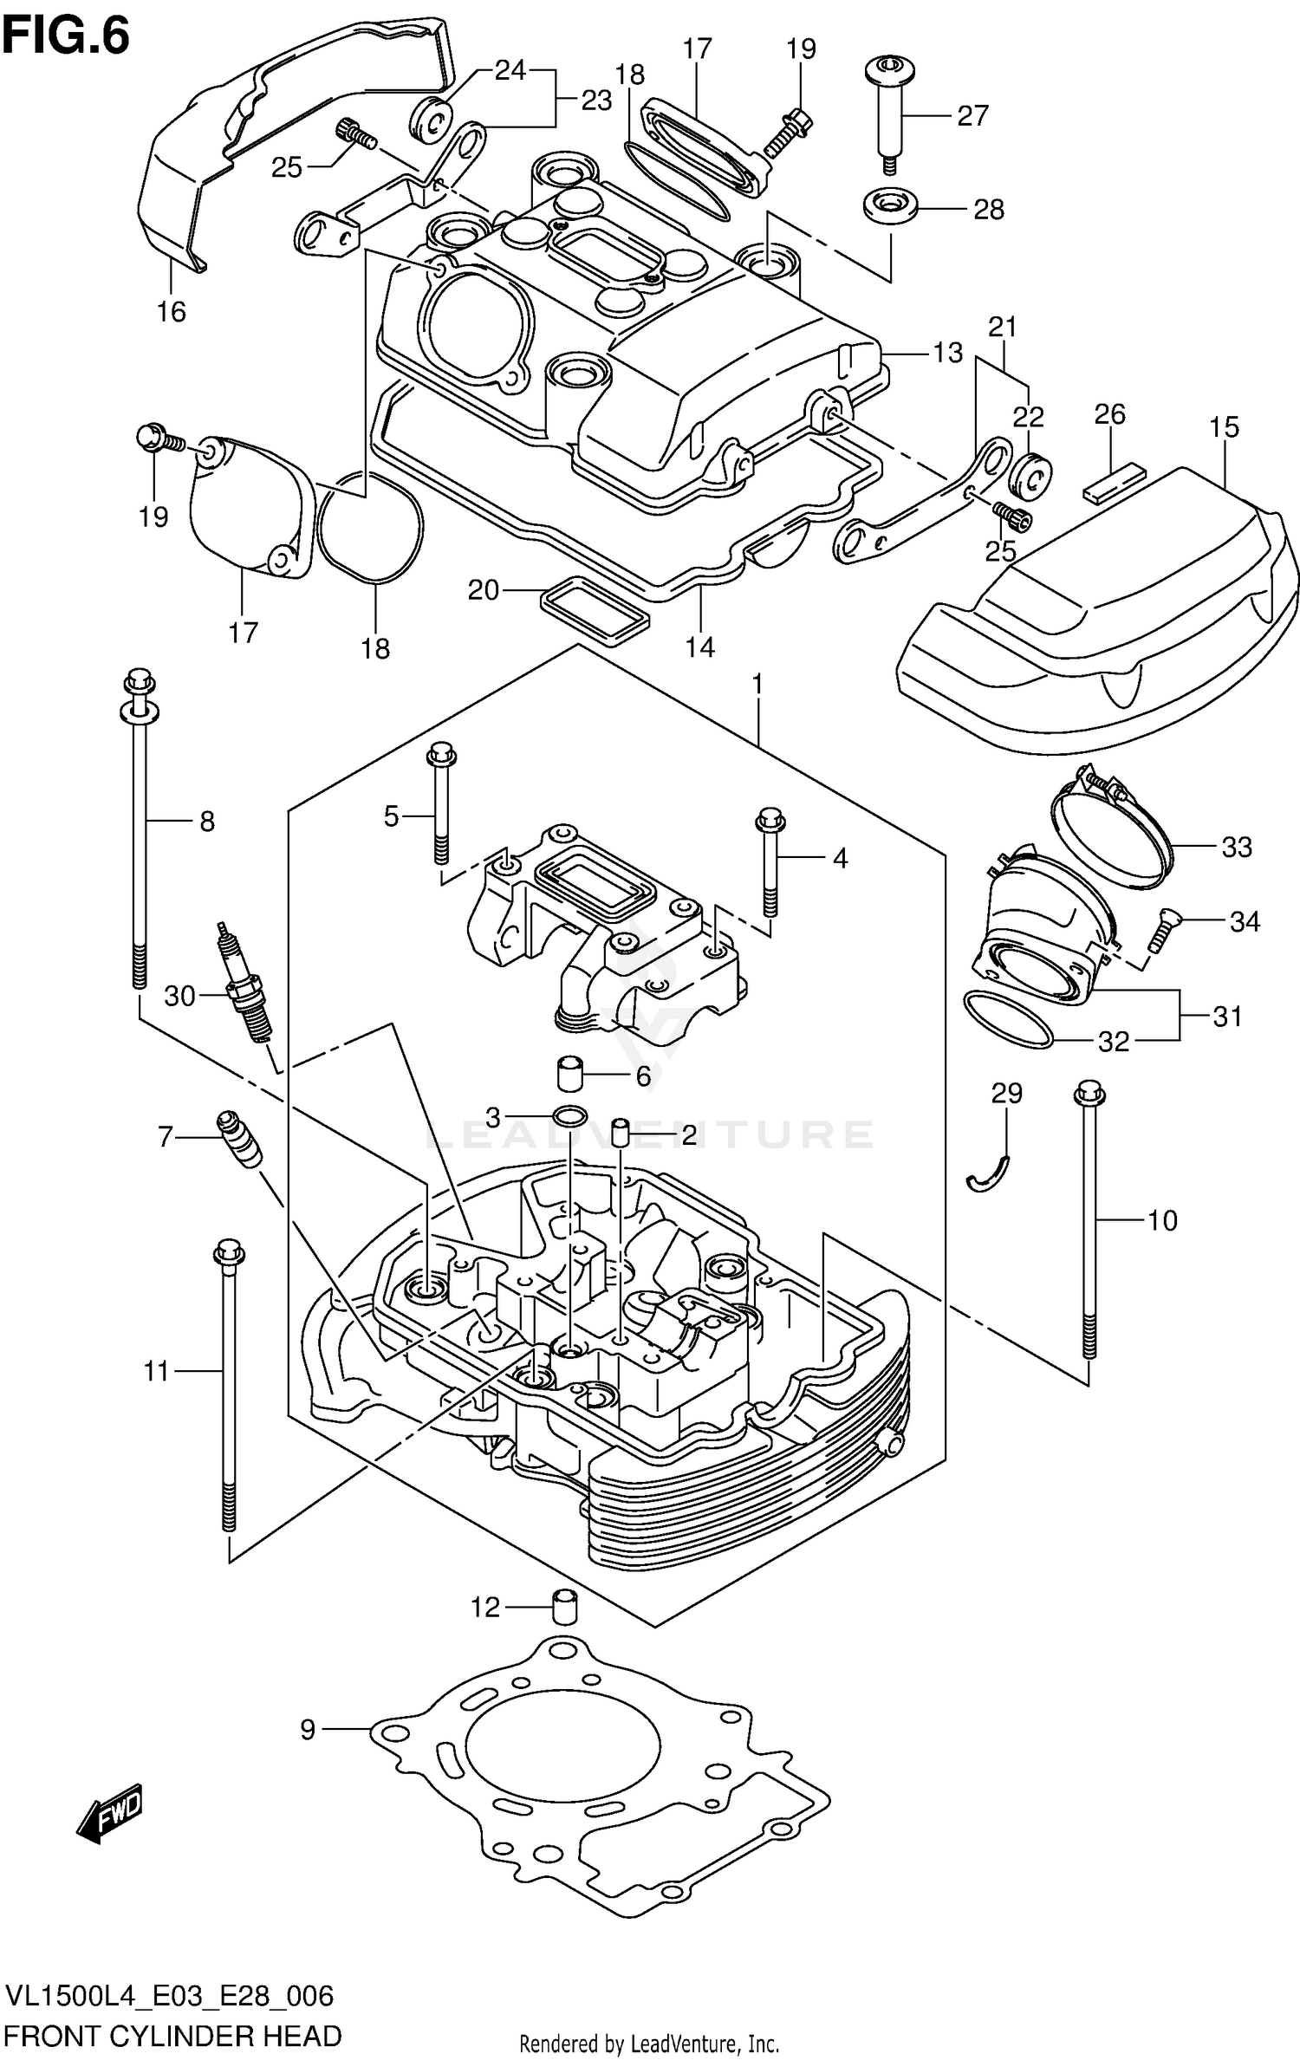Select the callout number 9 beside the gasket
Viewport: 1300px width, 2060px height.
coord(308,1730)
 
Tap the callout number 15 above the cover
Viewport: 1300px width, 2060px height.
coord(1225,427)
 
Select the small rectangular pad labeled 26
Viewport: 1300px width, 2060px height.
coord(1114,484)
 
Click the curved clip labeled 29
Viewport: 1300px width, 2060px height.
coord(988,1174)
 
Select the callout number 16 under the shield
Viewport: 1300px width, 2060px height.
coord(172,311)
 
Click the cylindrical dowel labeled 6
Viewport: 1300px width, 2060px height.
coord(569,1074)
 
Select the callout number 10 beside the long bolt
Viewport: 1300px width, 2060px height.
coord(1162,1220)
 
